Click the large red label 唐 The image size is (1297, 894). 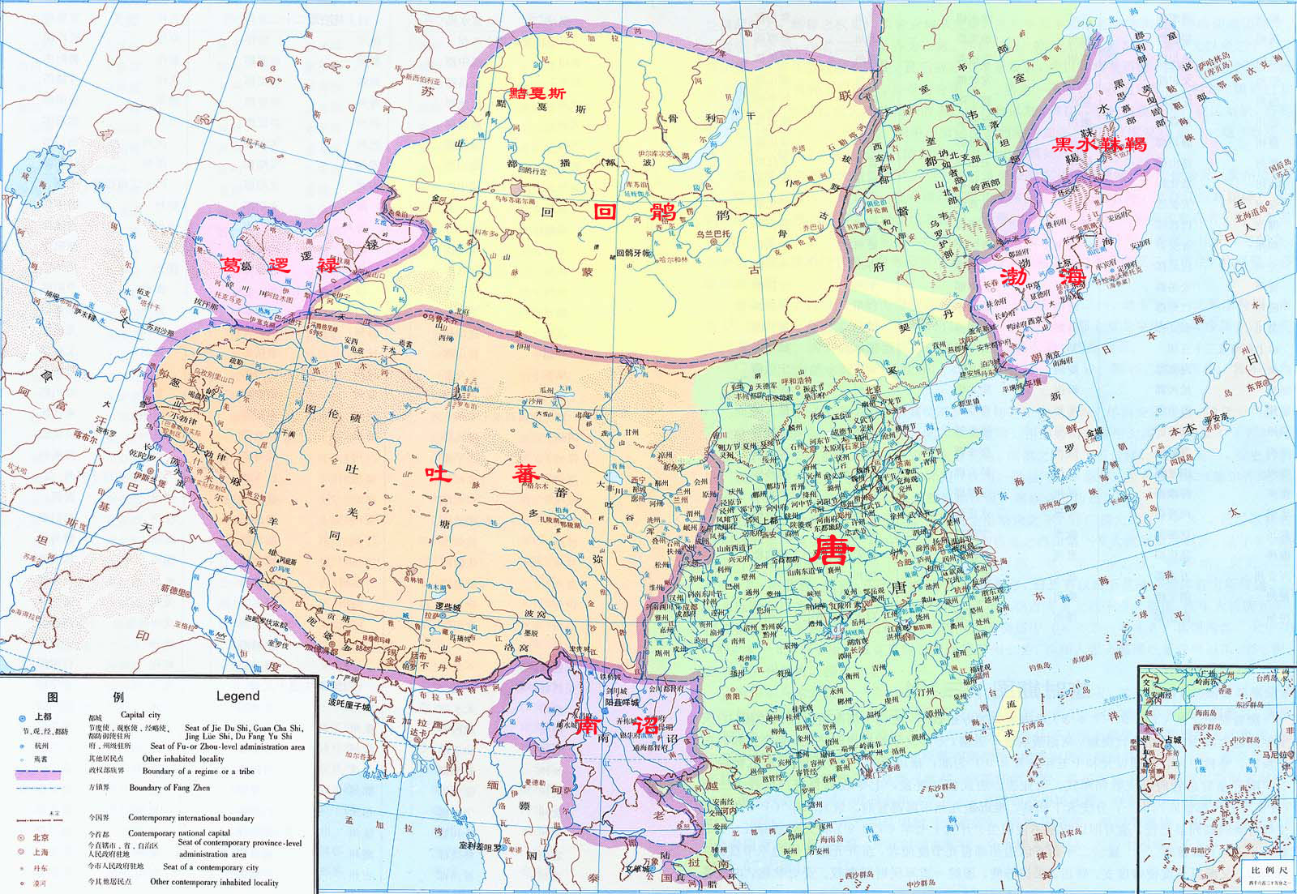pyautogui.click(x=833, y=550)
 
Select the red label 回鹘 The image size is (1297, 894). pyautogui.click(x=635, y=212)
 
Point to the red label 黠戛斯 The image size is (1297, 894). pyautogui.click(x=537, y=92)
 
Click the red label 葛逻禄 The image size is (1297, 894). pyautogui.click(x=280, y=265)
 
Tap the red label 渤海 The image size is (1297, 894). pyautogui.click(x=1042, y=276)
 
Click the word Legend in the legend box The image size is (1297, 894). pyautogui.click(x=238, y=695)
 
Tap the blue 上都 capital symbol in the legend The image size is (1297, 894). pyautogui.click(x=22, y=717)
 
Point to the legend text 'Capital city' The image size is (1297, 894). pyautogui.click(x=140, y=715)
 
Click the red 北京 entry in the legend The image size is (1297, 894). pyautogui.click(x=40, y=837)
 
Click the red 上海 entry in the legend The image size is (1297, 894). pyautogui.click(x=40, y=852)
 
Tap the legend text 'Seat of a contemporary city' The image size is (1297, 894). pyautogui.click(x=211, y=867)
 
